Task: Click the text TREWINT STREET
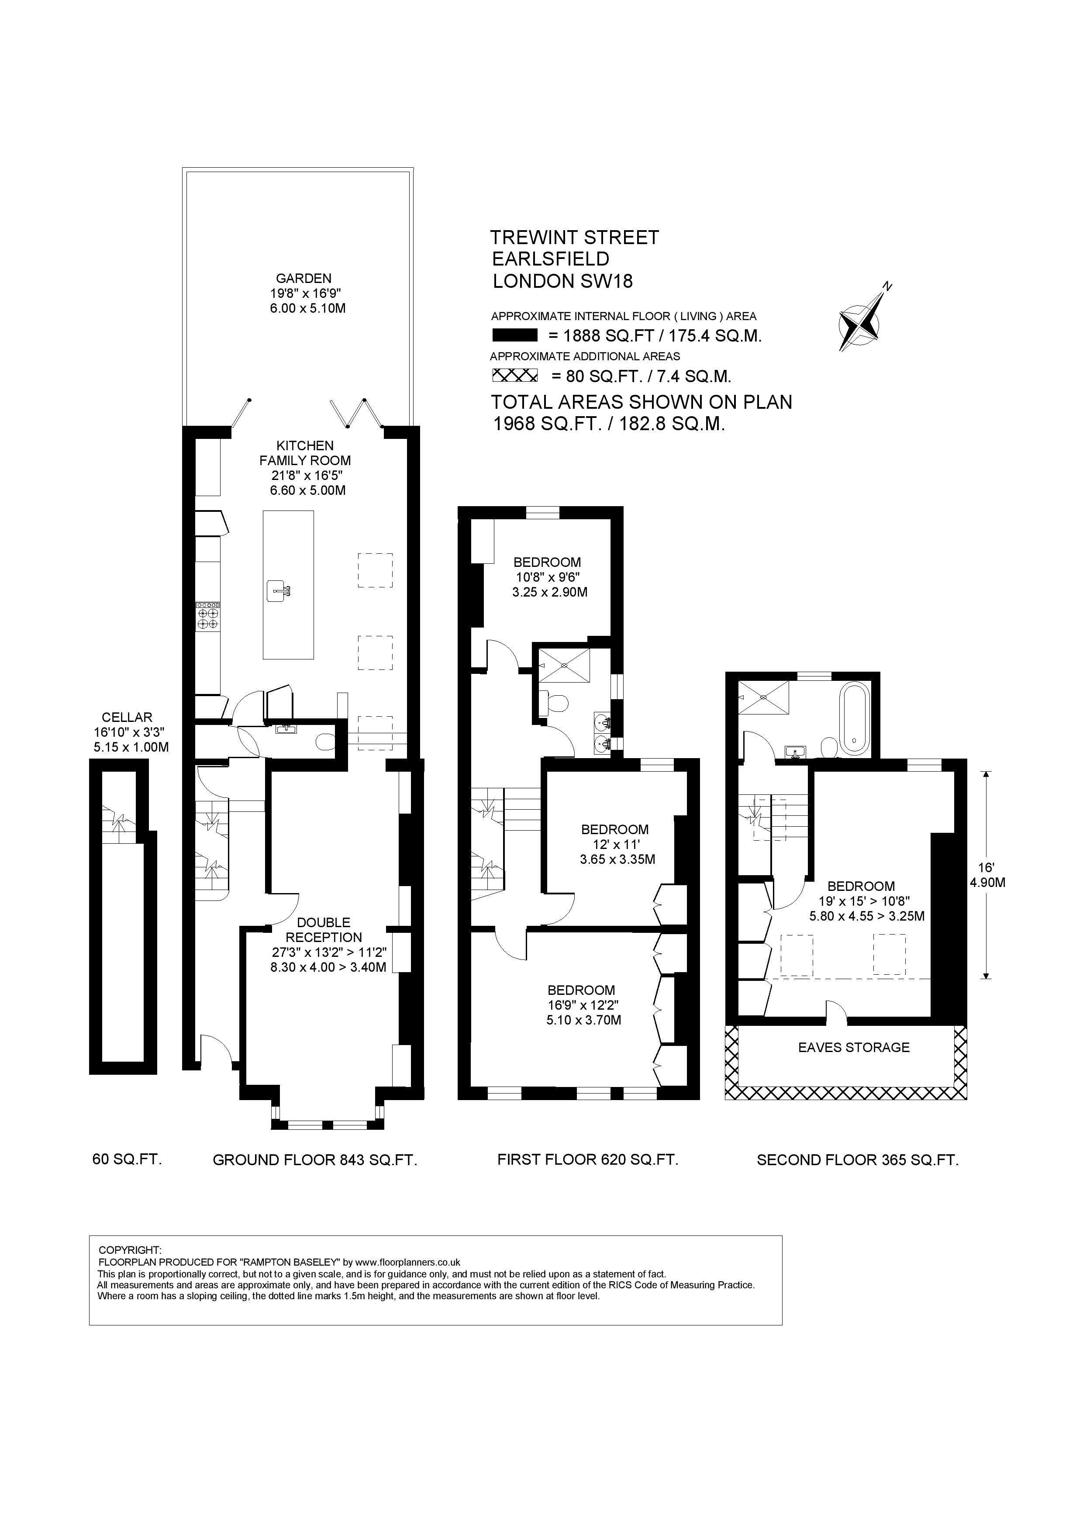tap(575, 238)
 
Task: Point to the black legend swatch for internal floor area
tap(514, 336)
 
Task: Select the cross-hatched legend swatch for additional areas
tap(514, 376)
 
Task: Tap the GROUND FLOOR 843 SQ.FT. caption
tap(315, 1159)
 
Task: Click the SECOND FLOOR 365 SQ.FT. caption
tap(858, 1159)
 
